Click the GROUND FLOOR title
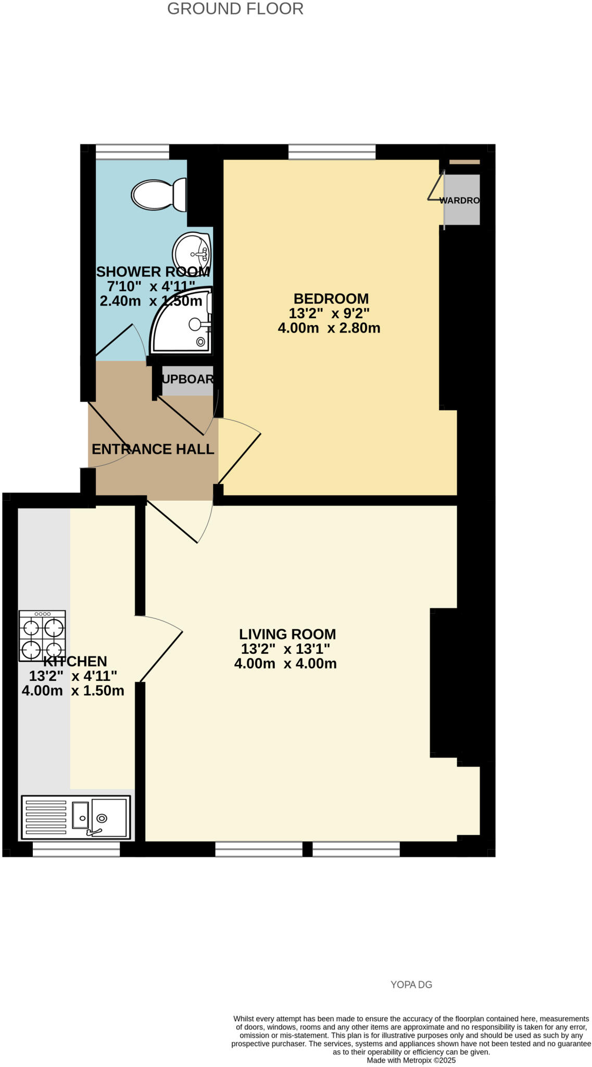235,9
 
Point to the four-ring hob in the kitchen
42,636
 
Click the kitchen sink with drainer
76,817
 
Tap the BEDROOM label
331,299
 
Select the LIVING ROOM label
287,634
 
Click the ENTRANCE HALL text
153,449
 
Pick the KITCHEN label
75,661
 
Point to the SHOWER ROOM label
153,272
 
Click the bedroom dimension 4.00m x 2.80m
329,328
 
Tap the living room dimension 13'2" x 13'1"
285,649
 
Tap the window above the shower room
132,152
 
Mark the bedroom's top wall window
332,152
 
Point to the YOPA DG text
411,985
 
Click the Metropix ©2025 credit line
411,1060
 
